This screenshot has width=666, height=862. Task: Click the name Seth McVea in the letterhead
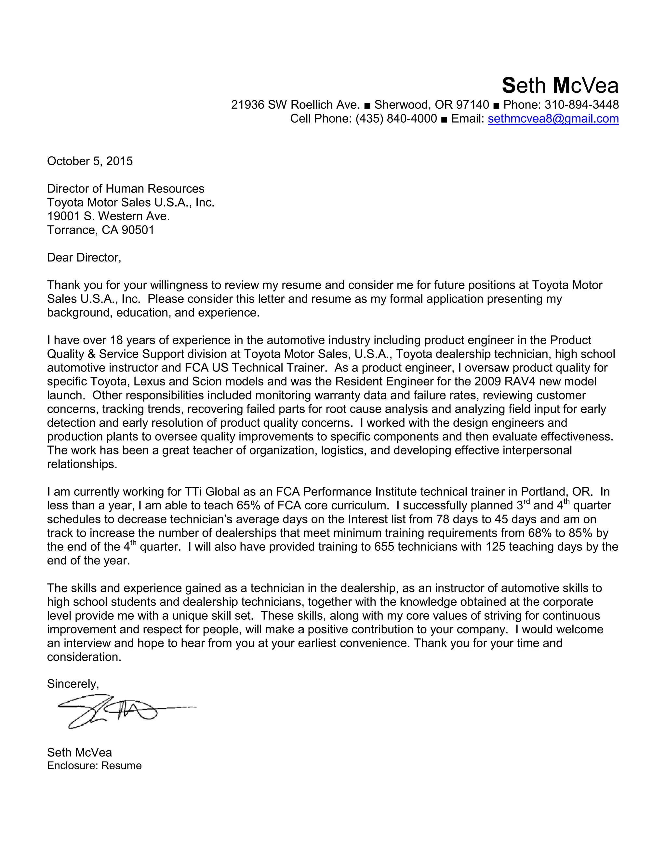pos(560,86)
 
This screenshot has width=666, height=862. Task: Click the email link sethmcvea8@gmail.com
pos(553,119)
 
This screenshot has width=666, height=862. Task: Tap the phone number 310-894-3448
pos(581,105)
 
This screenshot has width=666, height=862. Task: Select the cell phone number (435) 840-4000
pos(396,119)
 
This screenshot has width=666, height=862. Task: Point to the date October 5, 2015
pos(90,161)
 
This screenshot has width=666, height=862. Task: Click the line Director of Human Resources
pos(126,189)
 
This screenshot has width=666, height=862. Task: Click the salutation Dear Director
pos(84,258)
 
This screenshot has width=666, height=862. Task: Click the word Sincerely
pos(73,684)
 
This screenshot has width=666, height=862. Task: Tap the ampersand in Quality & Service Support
pos(92,354)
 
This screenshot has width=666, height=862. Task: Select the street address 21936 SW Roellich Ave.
pos(295,105)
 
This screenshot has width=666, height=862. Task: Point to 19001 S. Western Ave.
pos(108,216)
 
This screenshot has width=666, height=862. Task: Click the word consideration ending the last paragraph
pos(84,657)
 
